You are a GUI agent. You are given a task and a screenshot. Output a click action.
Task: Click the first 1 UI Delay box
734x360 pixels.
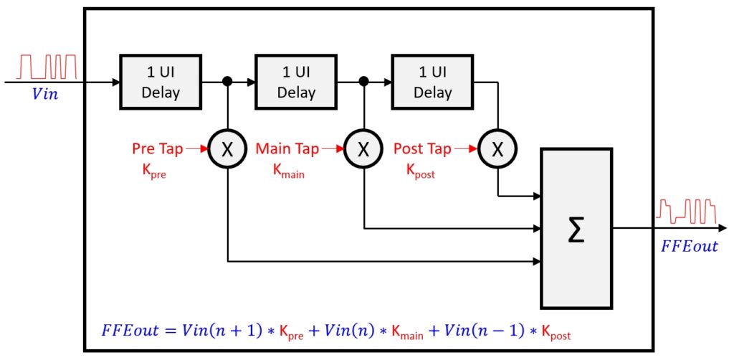coord(160,82)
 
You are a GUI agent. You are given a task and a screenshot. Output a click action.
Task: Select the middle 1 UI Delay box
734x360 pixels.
coord(296,82)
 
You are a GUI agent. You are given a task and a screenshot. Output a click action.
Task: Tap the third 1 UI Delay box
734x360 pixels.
coord(432,82)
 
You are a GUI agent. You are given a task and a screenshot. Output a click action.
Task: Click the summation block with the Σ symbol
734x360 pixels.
coord(576,228)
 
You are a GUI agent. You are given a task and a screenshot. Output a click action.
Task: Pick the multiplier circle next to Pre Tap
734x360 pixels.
coord(227,149)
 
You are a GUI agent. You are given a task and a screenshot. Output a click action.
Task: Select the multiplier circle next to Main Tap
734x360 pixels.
coord(363,149)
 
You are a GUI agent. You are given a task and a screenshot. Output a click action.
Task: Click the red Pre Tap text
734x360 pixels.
coord(157,149)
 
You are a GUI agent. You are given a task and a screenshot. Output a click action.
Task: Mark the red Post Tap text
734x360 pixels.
coord(422,149)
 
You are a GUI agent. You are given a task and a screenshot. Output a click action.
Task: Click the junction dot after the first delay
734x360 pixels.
coord(227,82)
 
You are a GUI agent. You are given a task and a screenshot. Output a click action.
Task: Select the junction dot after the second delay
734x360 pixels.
coord(363,82)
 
